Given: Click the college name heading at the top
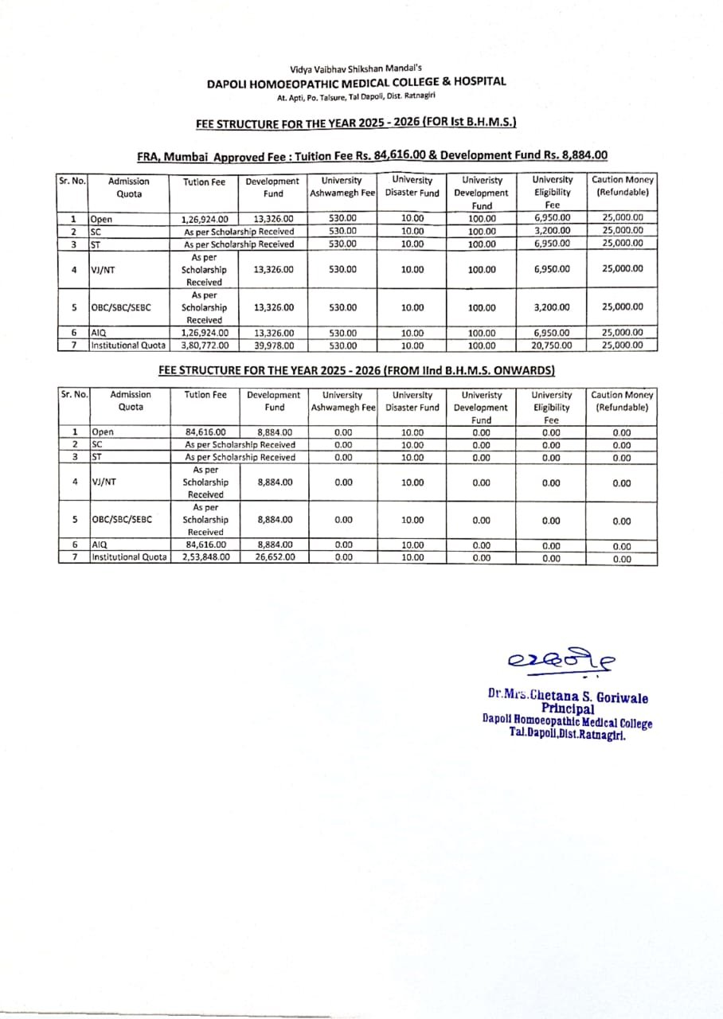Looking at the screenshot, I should tap(356, 81).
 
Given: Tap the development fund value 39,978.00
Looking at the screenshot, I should tap(273, 346).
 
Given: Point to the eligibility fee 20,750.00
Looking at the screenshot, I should tap(552, 346).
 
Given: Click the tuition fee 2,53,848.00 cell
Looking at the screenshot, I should tap(207, 557).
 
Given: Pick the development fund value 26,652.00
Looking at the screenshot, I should tap(275, 557).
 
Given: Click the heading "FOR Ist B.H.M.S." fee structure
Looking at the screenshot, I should tap(356, 123).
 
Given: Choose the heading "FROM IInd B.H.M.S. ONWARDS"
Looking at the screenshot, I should tap(356, 370).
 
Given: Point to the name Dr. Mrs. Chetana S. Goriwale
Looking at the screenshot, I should tap(568, 697).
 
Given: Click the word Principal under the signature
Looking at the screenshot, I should tap(567, 709).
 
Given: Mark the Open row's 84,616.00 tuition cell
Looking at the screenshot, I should tap(206, 432).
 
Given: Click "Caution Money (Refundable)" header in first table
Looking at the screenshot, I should tap(622, 186).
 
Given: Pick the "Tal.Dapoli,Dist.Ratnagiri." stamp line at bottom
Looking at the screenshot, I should tap(567, 735).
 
